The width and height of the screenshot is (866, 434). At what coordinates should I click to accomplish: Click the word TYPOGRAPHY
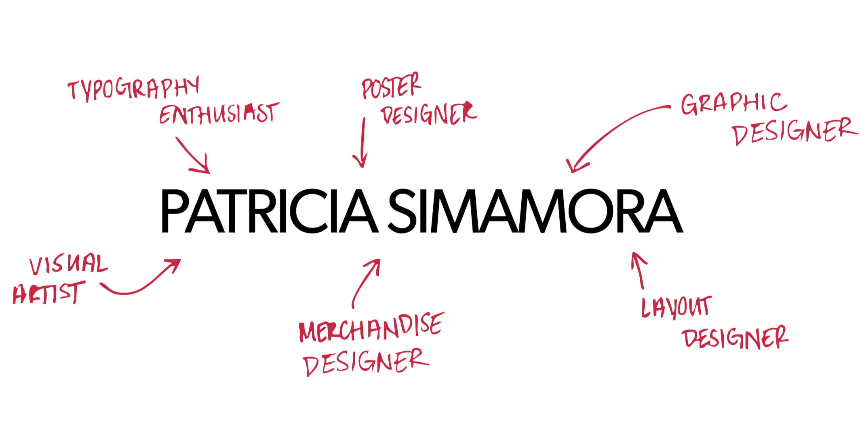tap(133, 90)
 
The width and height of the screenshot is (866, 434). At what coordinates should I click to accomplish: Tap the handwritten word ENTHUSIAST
tap(219, 113)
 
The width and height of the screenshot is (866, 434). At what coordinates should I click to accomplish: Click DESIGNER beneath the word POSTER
tap(429, 113)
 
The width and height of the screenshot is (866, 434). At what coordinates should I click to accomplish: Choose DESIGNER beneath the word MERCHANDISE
tap(366, 362)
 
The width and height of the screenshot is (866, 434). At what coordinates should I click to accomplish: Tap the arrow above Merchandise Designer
tap(366, 283)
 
